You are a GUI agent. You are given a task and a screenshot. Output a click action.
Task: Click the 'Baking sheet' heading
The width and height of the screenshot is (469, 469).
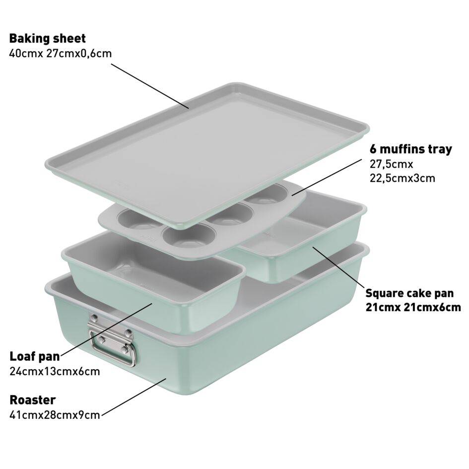click(x=47, y=39)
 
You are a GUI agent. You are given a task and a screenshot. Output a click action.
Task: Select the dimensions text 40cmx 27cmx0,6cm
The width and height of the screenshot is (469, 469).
click(x=61, y=54)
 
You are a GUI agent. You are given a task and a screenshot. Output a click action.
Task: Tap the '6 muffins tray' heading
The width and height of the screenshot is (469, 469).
click(x=410, y=149)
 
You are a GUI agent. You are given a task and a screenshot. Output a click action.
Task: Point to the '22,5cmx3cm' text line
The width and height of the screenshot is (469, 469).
click(x=402, y=178)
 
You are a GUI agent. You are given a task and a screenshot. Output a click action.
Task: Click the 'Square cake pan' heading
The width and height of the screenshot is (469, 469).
click(x=409, y=293)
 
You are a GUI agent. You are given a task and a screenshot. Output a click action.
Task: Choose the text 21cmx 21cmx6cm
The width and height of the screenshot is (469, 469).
click(x=413, y=308)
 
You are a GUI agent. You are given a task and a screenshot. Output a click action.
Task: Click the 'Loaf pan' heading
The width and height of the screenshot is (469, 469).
click(x=35, y=356)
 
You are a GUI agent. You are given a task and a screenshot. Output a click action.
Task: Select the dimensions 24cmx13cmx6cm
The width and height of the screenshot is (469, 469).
click(x=55, y=372)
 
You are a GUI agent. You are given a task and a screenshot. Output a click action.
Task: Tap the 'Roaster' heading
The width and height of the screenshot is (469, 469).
click(x=33, y=400)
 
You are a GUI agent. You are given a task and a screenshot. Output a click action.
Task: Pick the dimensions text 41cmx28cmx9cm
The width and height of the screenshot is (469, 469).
click(x=55, y=415)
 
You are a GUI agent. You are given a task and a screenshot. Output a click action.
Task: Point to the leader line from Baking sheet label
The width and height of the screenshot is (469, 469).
click(x=150, y=86)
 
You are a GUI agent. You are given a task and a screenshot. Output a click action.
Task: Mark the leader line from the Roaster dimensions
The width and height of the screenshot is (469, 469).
click(x=134, y=397)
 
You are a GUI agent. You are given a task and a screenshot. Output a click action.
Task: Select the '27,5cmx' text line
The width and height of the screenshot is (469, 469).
click(x=391, y=164)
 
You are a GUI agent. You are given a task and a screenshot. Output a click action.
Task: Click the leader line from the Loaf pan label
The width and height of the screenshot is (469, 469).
click(x=106, y=329)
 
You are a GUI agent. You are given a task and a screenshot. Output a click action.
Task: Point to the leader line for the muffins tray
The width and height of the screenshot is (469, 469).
click(x=327, y=177)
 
